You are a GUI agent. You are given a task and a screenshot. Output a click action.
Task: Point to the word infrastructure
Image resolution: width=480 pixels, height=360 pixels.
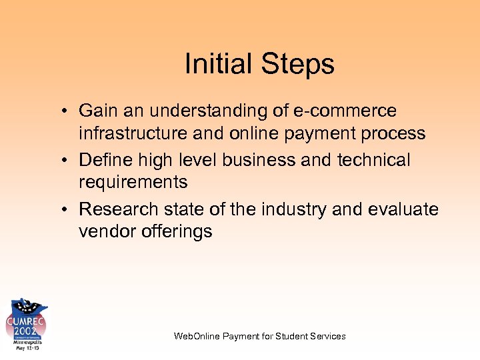coord(133,133)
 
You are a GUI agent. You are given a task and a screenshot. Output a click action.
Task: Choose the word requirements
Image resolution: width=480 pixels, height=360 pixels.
coord(133,183)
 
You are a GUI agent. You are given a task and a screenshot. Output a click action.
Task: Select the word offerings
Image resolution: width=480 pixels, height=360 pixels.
coord(177,231)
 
